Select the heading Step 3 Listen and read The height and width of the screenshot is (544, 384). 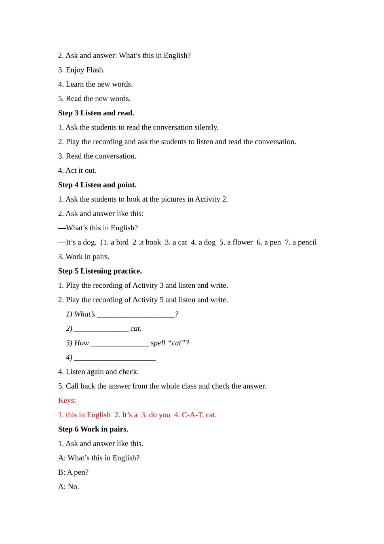pyautogui.click(x=96, y=113)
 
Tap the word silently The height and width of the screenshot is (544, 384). pyautogui.click(x=206, y=127)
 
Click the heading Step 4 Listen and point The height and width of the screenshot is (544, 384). pyautogui.click(x=97, y=185)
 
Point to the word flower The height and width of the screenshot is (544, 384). pyautogui.click(x=243, y=242)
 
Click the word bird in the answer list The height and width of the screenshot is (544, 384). pyautogui.click(x=122, y=242)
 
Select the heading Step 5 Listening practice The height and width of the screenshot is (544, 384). pyautogui.click(x=100, y=271)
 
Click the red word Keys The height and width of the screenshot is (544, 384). pyautogui.click(x=67, y=401)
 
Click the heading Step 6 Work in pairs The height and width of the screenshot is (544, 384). pyautogui.click(x=93, y=429)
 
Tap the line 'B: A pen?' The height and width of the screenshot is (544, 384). pyautogui.click(x=73, y=472)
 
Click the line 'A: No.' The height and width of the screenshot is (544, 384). pyautogui.click(x=68, y=487)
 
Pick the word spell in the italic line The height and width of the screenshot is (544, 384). pyautogui.click(x=158, y=343)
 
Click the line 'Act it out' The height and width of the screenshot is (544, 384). pyautogui.click(x=77, y=170)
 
